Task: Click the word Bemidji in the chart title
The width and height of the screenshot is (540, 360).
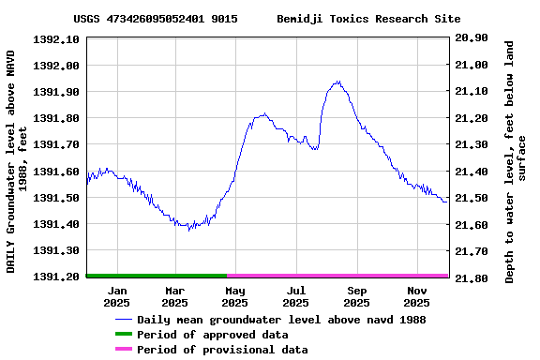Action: tap(300, 19)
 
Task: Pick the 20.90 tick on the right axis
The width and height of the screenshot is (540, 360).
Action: tap(471, 38)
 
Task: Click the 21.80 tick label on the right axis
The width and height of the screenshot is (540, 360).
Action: tap(471, 278)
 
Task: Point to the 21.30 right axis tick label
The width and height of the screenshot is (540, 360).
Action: tap(471, 145)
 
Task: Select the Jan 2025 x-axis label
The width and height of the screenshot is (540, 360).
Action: tap(116, 296)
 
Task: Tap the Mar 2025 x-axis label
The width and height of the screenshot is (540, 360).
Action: tap(175, 296)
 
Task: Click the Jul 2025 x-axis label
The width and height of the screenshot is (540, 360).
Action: tap(295, 296)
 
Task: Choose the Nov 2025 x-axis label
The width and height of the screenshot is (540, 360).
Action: tap(417, 296)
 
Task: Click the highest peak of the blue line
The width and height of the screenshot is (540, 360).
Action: tap(337, 82)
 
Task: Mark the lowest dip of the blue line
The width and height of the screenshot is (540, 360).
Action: tap(189, 230)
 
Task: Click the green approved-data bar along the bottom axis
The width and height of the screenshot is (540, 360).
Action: tap(157, 276)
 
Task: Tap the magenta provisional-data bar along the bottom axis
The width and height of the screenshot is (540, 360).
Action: tap(337, 276)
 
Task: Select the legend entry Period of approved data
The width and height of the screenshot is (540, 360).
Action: tap(212, 335)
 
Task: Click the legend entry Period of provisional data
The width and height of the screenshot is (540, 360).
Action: tap(222, 350)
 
